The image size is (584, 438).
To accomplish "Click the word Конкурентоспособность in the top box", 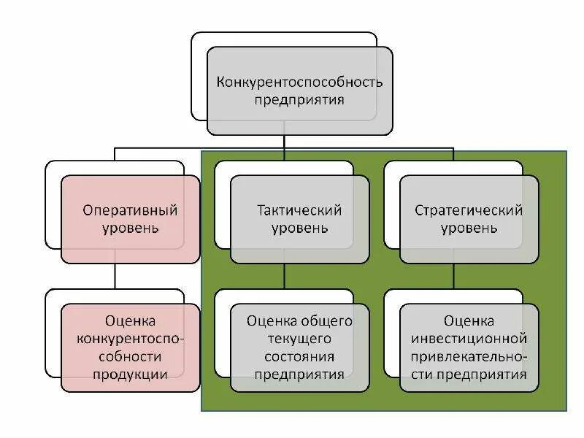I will pos(299,81).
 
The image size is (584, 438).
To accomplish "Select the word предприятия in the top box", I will pos(299,99).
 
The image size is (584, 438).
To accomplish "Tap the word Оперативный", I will pos(130,210).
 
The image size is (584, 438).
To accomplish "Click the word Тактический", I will pos(299,210).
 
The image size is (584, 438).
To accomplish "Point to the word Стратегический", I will pos(469,210).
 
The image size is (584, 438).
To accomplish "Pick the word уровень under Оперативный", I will pos(130,228).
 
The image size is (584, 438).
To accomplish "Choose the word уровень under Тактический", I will pos(299,228).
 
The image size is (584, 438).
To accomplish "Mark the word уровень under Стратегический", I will pos(469,228).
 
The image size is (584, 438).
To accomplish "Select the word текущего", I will pos(299,339).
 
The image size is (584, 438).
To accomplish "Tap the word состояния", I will pos(299,357).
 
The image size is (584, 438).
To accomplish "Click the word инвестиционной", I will pos(469,339).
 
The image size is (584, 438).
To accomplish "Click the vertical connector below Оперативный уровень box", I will pos(115,276).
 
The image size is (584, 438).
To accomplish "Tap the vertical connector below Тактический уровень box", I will pos(284,276).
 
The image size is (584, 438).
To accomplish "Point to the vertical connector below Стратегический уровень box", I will pos(453,276).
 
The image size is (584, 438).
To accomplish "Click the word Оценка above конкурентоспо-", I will pos(130,320).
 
